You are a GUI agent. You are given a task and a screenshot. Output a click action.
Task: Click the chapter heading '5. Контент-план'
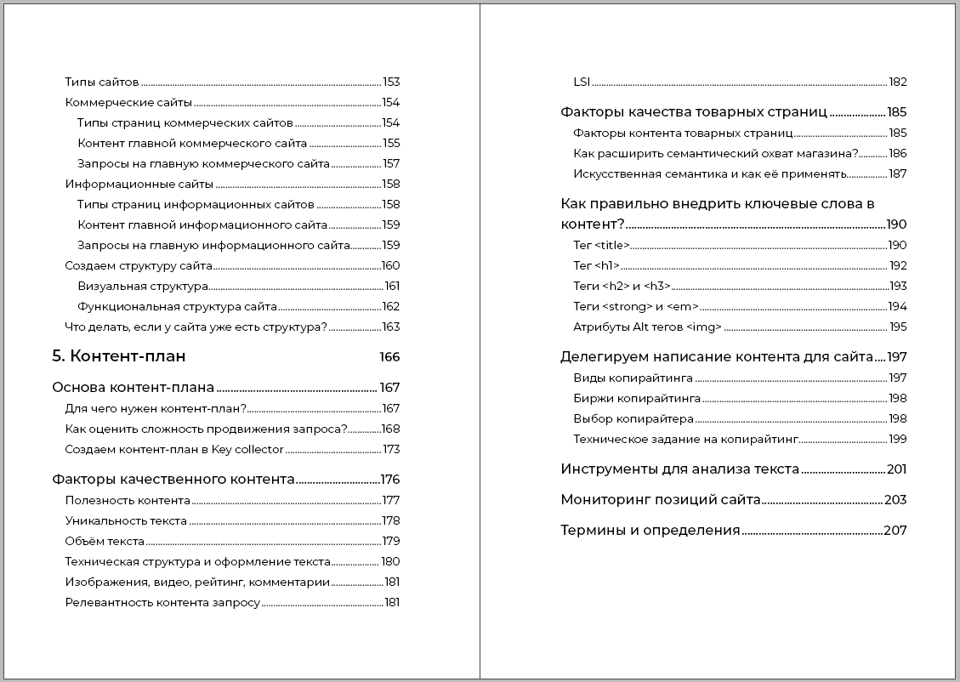[x=119, y=356]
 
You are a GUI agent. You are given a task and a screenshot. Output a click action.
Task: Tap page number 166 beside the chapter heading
[x=389, y=357]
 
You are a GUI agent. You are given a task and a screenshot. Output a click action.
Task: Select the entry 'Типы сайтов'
[x=101, y=82]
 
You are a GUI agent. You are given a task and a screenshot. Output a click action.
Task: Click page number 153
[x=391, y=82]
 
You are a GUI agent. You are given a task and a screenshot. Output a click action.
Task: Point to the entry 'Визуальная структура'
[x=142, y=287]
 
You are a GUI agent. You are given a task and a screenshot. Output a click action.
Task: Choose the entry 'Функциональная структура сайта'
[x=177, y=307]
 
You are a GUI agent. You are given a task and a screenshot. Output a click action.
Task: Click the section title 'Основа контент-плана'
[x=133, y=388]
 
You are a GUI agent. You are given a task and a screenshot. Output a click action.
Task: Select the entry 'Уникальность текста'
[x=126, y=521]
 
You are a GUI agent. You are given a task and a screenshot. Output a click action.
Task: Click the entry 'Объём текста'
[x=105, y=542]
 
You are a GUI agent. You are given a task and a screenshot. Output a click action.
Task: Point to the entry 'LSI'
[x=582, y=82]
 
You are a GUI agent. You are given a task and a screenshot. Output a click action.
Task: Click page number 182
[x=898, y=82]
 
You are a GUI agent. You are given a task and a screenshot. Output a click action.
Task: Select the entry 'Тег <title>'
[x=601, y=246]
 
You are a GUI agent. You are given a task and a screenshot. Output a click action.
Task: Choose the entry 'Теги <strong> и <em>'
[x=636, y=307]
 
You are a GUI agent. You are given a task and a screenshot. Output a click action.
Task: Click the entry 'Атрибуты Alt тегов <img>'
[x=647, y=327]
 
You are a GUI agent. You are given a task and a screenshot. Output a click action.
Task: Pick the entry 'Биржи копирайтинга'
[x=637, y=399]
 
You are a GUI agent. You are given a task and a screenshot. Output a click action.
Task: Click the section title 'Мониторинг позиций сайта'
[x=660, y=500]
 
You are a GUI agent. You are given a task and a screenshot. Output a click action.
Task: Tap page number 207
[x=895, y=531]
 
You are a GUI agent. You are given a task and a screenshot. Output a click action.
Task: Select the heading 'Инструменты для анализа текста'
[x=679, y=469]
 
